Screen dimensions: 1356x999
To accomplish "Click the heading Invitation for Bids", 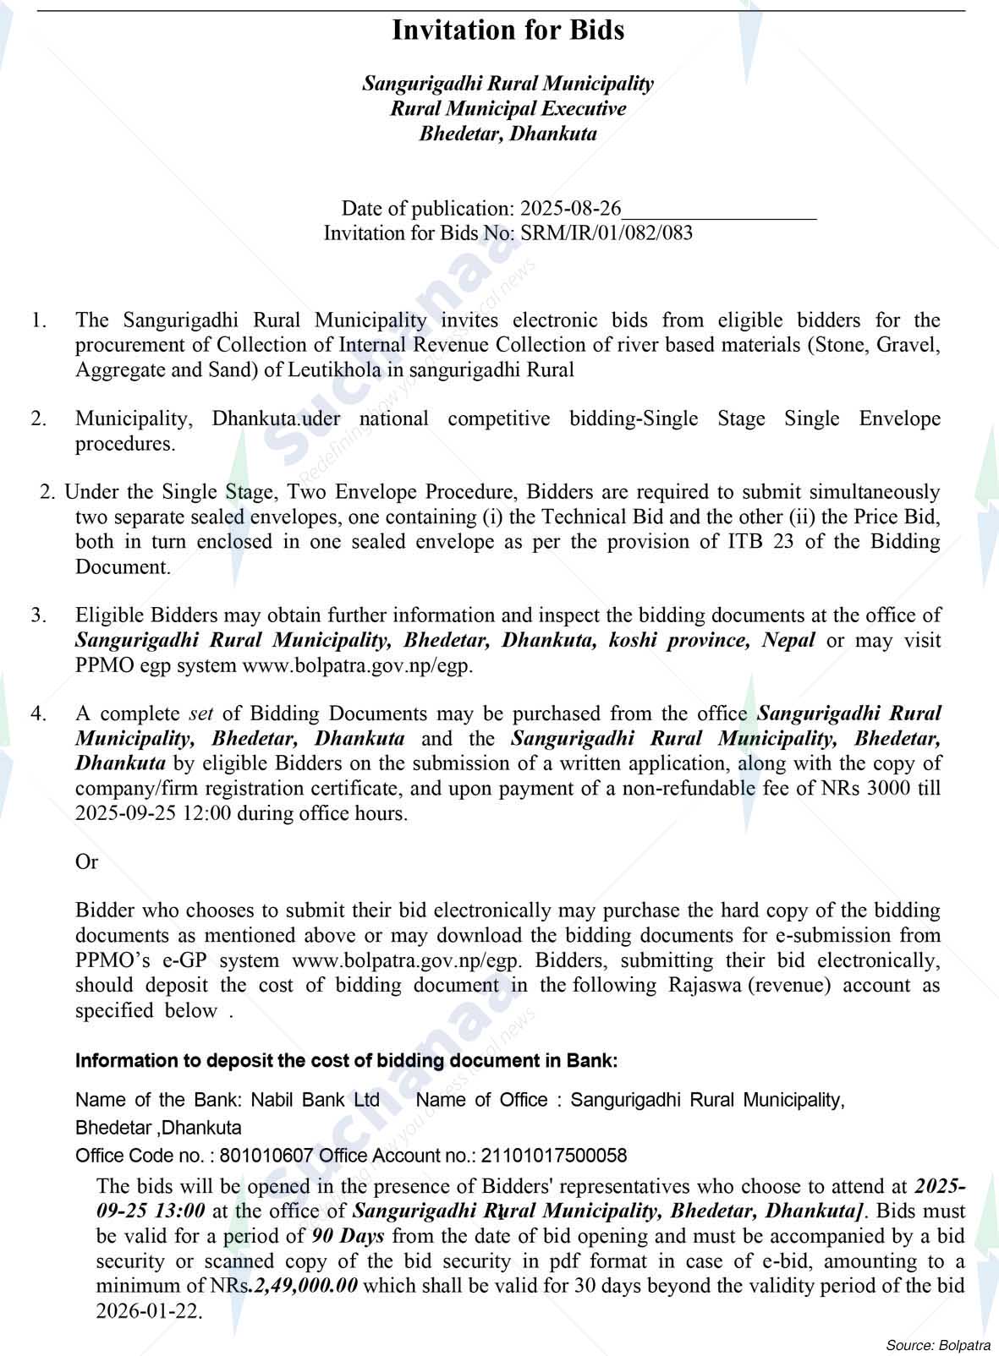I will (x=508, y=30).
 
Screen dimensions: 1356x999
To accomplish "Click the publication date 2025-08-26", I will (x=571, y=209).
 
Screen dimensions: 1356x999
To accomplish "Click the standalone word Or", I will (x=86, y=862).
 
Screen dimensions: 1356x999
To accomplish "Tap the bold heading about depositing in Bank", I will (x=347, y=1061).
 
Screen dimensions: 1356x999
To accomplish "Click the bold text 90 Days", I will (x=348, y=1236).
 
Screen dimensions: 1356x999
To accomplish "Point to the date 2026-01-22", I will (x=149, y=1312).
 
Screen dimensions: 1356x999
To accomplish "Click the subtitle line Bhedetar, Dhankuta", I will (x=508, y=134).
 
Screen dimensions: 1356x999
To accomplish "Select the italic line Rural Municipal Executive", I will (x=508, y=109).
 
